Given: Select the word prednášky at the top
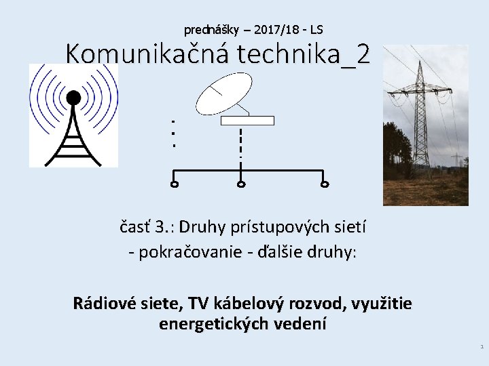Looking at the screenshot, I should point(207,30).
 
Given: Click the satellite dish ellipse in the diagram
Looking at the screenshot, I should point(223,94).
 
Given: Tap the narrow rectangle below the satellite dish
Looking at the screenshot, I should point(248,121).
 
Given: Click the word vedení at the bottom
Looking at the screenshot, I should point(300,324).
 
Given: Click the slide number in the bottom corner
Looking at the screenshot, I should point(482,346).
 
